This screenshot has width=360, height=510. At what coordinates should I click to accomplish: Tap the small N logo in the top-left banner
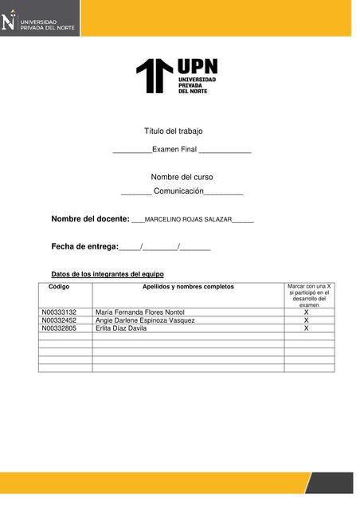point(9,18)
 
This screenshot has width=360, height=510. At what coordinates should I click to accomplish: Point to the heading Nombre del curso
point(182,177)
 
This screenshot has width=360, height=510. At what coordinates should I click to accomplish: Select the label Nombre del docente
point(90,218)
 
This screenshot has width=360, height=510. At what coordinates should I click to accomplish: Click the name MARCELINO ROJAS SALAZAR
point(188,219)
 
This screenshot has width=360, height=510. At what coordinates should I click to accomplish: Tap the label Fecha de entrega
point(84,247)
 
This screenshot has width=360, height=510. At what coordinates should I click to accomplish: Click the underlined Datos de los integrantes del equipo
point(108,274)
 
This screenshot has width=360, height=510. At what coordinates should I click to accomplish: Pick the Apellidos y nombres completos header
point(188,286)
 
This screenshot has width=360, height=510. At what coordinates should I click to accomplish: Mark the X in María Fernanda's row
point(307,312)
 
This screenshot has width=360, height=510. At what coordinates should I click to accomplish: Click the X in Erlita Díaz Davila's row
point(307,328)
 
